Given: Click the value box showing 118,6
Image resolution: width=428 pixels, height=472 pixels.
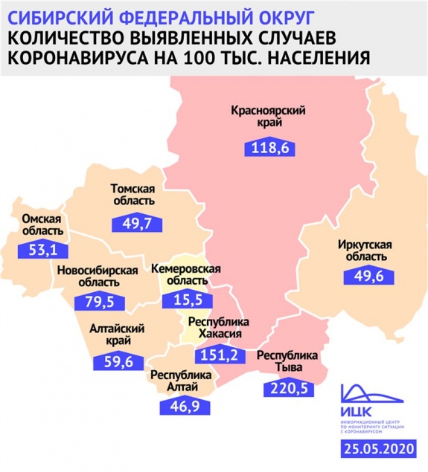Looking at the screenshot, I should pyautogui.click(x=270, y=149).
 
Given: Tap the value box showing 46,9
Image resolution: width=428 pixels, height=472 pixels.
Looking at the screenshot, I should pyautogui.click(x=181, y=406).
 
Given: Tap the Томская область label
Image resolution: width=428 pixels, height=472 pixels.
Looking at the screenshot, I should pyautogui.click(x=132, y=194).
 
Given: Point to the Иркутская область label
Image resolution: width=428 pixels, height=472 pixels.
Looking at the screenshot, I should pyautogui.click(x=366, y=250).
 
